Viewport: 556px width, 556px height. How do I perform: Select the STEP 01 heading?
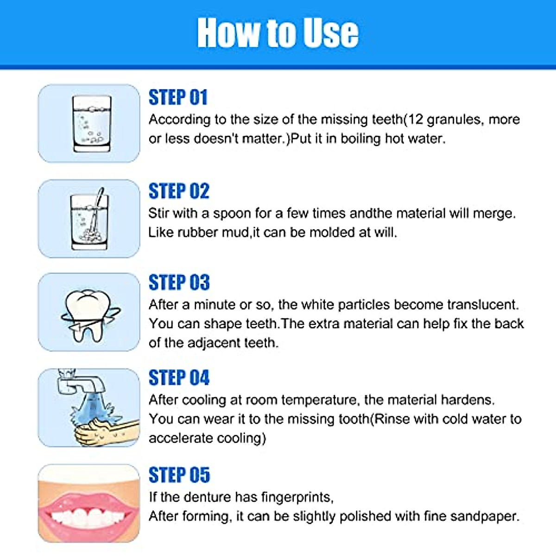click(178, 98)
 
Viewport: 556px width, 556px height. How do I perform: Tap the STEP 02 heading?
click(179, 191)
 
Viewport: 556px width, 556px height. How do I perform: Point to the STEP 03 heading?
click(179, 283)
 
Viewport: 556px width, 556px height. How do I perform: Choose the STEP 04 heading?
click(179, 378)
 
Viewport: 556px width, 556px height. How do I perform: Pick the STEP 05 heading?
click(179, 475)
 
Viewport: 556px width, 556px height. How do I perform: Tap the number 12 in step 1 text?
click(415, 120)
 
